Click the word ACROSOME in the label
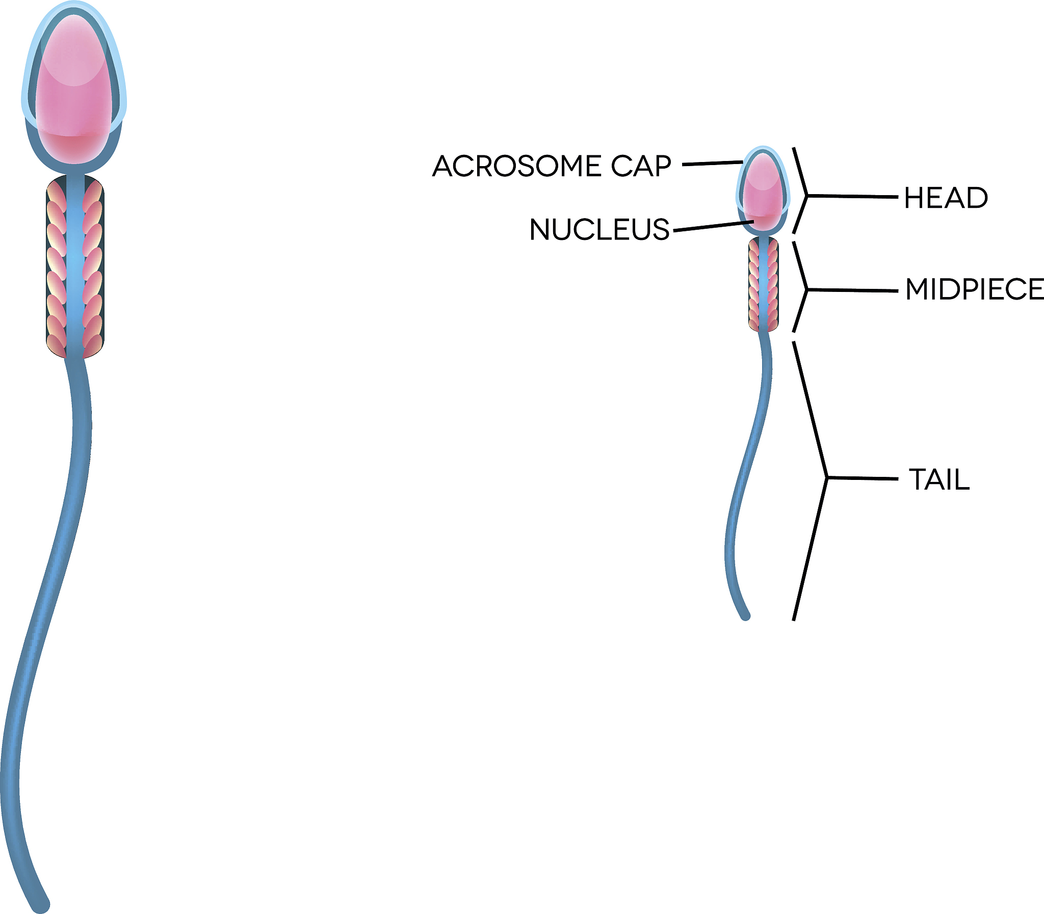click(x=516, y=166)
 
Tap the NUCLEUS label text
click(x=599, y=230)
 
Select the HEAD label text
click(x=946, y=198)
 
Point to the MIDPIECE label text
click(x=974, y=290)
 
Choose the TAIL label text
click(x=939, y=480)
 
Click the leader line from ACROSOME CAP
click(x=712, y=164)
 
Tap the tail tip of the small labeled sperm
click(x=745, y=615)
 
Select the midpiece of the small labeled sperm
click(x=763, y=284)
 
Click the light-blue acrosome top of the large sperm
click(x=74, y=7)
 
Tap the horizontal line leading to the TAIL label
click(x=863, y=478)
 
